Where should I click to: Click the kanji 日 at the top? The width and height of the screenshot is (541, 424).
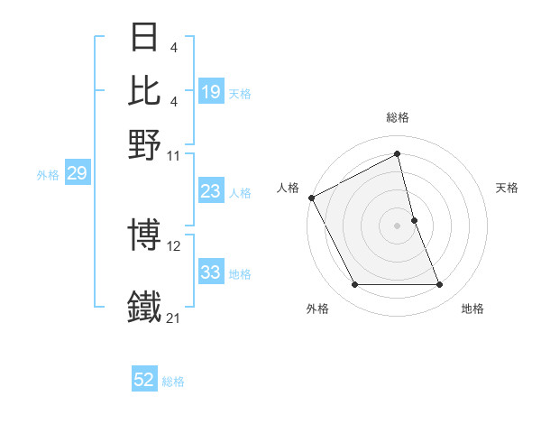(x=145, y=39)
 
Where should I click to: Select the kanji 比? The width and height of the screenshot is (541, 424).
(x=145, y=90)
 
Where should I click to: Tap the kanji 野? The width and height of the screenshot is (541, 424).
(x=145, y=143)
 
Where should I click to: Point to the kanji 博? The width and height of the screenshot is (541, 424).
(x=145, y=236)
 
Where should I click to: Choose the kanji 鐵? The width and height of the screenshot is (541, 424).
(x=145, y=306)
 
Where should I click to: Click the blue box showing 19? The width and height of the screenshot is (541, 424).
(x=211, y=91)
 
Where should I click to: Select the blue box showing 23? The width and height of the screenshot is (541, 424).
(x=211, y=191)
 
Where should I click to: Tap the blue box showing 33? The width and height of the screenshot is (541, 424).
(x=211, y=272)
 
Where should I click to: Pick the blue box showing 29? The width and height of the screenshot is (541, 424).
(x=77, y=173)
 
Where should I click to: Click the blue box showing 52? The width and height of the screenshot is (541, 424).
(x=144, y=380)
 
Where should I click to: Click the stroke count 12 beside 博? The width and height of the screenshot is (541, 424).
(x=175, y=245)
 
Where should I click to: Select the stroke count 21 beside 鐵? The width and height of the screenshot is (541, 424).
(x=175, y=317)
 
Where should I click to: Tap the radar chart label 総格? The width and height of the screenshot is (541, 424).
(x=398, y=117)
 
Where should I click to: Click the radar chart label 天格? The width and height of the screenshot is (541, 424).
(x=508, y=188)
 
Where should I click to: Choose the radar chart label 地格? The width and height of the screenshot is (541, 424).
(x=472, y=309)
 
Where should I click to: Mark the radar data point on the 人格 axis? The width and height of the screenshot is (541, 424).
(x=311, y=198)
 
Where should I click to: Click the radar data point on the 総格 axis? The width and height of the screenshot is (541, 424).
(x=398, y=153)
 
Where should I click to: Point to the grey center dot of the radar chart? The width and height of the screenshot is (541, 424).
(x=398, y=225)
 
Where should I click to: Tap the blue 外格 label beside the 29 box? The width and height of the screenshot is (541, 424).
(x=47, y=175)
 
